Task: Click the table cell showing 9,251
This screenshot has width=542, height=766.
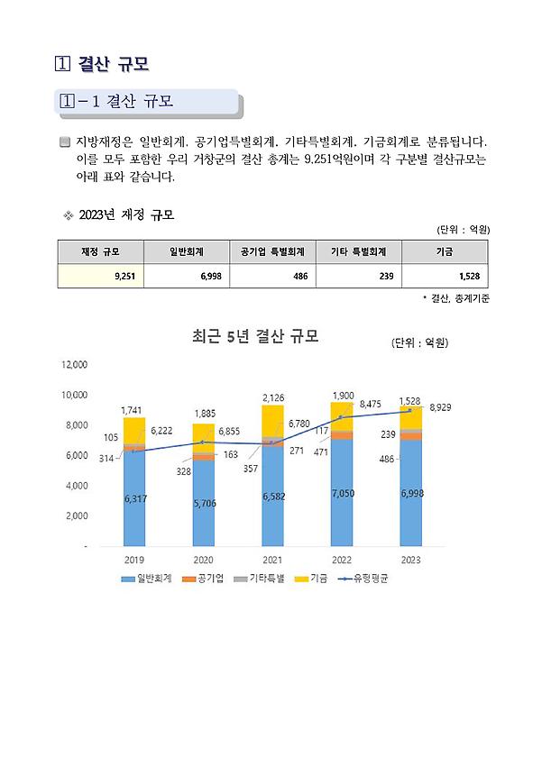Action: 100,275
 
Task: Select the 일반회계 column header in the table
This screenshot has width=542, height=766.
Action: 186,251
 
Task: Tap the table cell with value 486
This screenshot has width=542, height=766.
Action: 271,275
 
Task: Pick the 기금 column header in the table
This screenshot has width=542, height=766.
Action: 447,251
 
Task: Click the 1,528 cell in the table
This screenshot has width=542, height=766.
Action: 447,275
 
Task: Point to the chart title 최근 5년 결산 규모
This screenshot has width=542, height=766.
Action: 255,337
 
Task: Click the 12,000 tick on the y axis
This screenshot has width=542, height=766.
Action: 74,365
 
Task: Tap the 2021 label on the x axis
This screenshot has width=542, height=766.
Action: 271,561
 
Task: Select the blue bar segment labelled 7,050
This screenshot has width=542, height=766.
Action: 341,493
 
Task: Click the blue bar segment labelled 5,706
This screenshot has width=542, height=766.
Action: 203,503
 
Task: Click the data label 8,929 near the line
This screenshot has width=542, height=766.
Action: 441,408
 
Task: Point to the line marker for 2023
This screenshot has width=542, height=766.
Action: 410,410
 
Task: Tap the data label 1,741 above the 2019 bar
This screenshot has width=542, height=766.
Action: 132,410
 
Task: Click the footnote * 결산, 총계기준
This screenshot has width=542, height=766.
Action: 455,297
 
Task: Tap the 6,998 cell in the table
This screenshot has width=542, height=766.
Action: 186,275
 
